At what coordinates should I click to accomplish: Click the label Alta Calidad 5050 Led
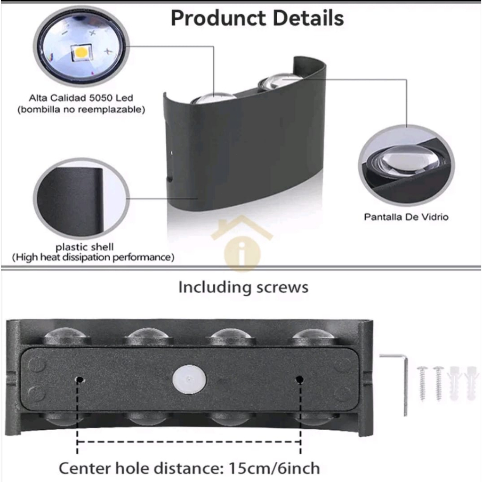point(81,98)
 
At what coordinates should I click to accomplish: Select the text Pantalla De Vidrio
point(406,217)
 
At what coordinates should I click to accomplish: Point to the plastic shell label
point(85,247)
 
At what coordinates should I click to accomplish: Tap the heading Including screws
point(243,287)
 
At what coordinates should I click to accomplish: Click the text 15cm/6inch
point(274,468)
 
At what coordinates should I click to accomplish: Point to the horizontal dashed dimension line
point(188,442)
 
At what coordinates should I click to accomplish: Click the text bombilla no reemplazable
point(81,110)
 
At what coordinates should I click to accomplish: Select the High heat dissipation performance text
point(93,257)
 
